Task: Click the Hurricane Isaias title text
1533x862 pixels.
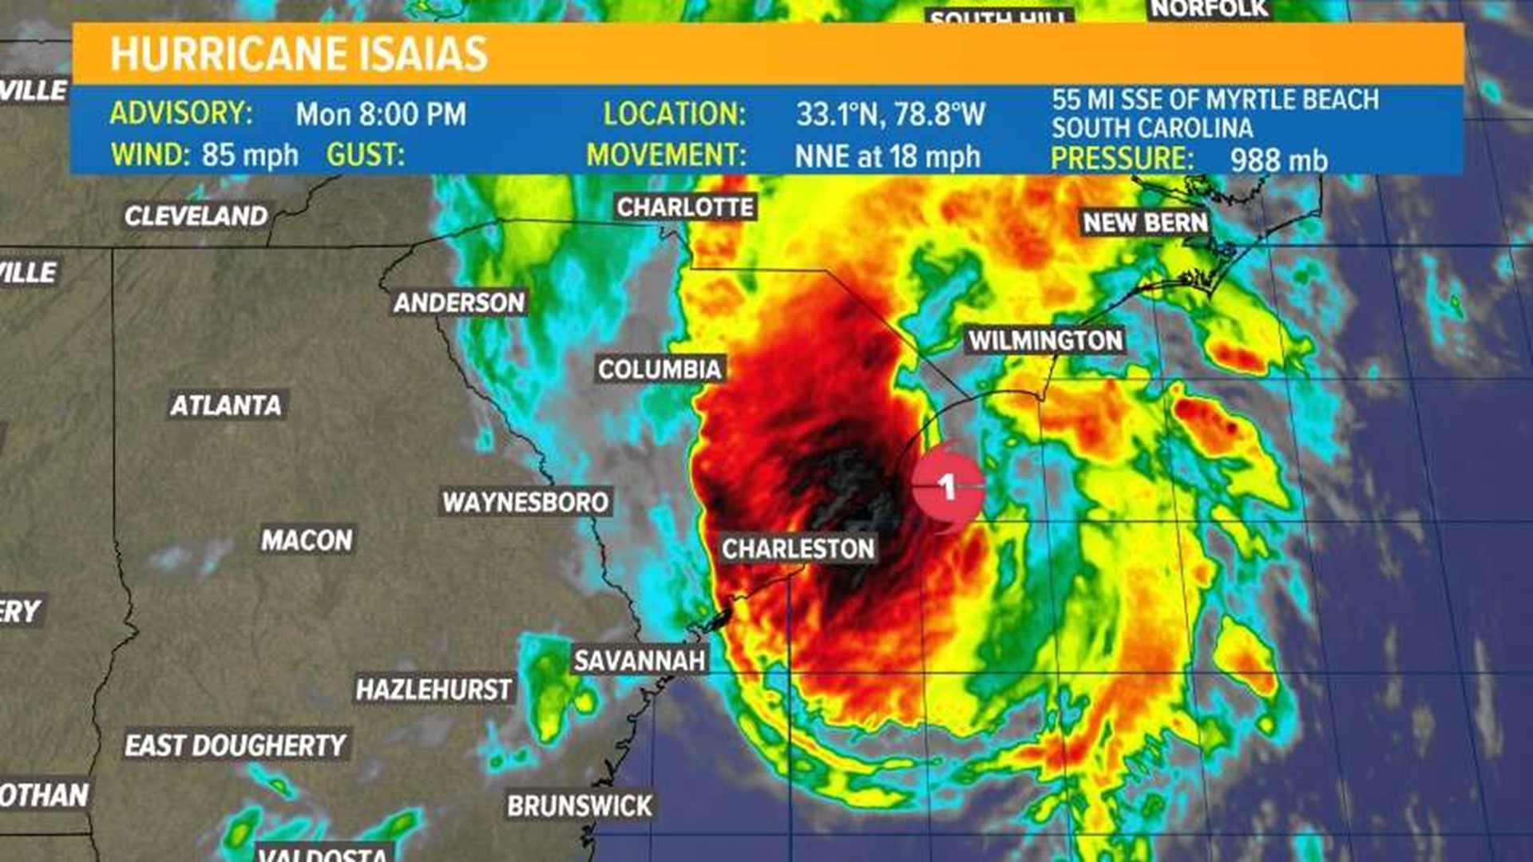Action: pyautogui.click(x=299, y=54)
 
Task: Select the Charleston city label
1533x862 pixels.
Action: pyautogui.click(x=798, y=549)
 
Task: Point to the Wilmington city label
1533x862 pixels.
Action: pyautogui.click(x=1045, y=341)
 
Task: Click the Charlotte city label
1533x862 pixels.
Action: pyautogui.click(x=685, y=208)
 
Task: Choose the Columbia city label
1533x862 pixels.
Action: pyautogui.click(x=660, y=370)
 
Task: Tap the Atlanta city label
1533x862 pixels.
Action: pyautogui.click(x=226, y=405)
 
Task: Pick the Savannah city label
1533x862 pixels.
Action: pyautogui.click(x=640, y=661)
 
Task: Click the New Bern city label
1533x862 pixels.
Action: pyautogui.click(x=1144, y=223)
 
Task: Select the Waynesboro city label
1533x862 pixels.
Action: pyautogui.click(x=525, y=502)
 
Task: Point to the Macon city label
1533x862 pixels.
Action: pyautogui.click(x=307, y=540)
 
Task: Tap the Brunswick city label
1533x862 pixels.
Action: pyautogui.click(x=580, y=806)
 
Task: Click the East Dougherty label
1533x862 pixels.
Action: pyautogui.click(x=235, y=745)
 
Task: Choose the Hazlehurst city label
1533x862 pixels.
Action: pyautogui.click(x=434, y=690)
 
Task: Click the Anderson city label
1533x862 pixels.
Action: pyautogui.click(x=459, y=302)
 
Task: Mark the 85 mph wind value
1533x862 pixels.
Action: pyautogui.click(x=250, y=155)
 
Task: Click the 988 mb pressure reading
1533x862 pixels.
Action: pyautogui.click(x=1278, y=160)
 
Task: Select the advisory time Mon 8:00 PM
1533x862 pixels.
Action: pyautogui.click(x=381, y=114)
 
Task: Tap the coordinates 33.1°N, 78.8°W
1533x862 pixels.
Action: pyautogui.click(x=890, y=114)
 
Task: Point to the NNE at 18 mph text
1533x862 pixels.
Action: pyautogui.click(x=887, y=156)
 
